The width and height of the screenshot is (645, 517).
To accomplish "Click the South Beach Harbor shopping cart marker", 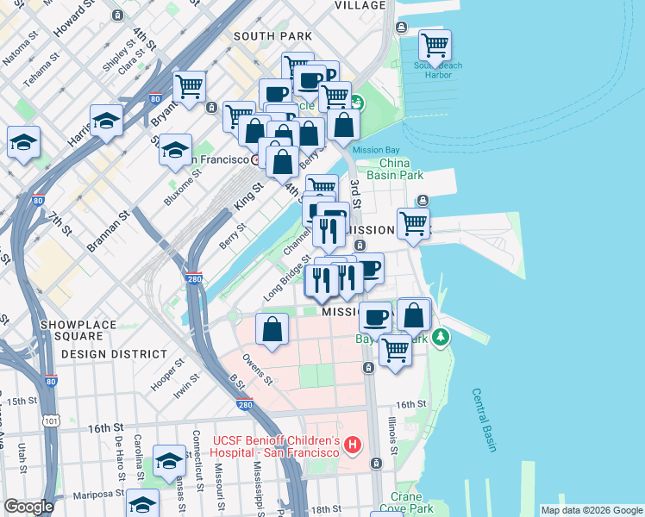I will pyautogui.click(x=435, y=45).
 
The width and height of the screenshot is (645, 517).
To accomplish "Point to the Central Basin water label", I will pyautogui.click(x=485, y=420).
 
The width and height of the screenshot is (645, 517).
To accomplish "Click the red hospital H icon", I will pyautogui.click(x=352, y=445).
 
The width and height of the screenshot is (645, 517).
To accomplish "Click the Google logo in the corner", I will pyautogui.click(x=28, y=507).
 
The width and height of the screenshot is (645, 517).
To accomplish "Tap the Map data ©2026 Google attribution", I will pyautogui.click(x=590, y=510).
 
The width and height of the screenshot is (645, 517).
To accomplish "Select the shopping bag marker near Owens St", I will pyautogui.click(x=272, y=329).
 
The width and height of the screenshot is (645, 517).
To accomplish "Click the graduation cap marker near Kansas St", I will pyautogui.click(x=170, y=461).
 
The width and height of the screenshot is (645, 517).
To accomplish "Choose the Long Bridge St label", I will pyautogui.click(x=287, y=282).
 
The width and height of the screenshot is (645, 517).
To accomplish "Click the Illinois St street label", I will pyautogui.click(x=392, y=434).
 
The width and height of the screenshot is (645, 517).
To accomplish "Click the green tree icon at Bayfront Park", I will pyautogui.click(x=441, y=335).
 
